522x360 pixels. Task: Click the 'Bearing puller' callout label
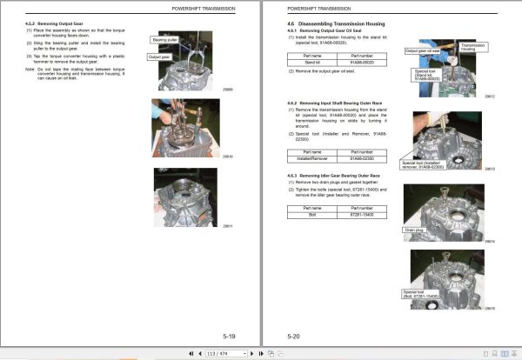[x=164, y=40]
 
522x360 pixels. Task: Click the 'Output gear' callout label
[x=159, y=57]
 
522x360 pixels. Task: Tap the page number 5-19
[x=228, y=335]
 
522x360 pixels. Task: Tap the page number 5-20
[x=294, y=335]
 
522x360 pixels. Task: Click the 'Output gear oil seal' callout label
[x=424, y=51]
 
